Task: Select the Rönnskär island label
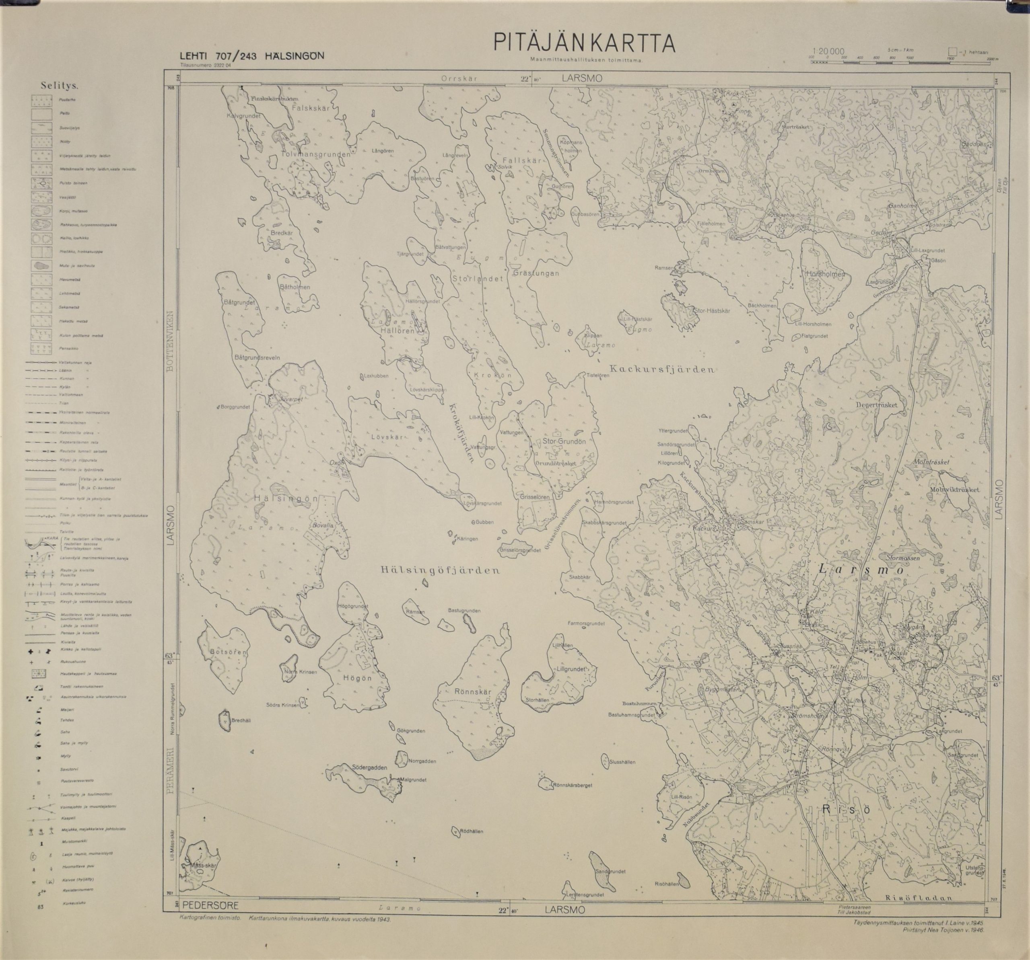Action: coord(472,692)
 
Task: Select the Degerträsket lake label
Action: coord(877,406)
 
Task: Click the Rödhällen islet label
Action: coord(471,832)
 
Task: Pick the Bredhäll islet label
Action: coord(241,720)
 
